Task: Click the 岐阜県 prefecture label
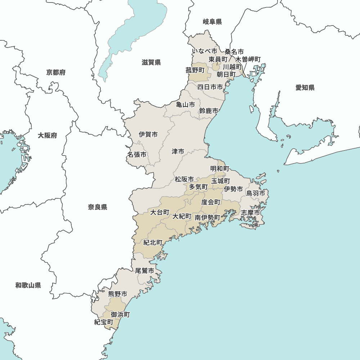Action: click(x=212, y=22)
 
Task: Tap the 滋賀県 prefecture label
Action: click(x=151, y=63)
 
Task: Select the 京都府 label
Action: click(x=56, y=73)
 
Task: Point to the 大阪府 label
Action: click(x=48, y=136)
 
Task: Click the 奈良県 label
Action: click(x=98, y=207)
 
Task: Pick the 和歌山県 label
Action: click(x=28, y=285)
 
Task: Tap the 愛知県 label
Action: click(x=305, y=87)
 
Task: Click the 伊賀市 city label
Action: click(x=148, y=135)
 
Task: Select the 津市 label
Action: click(x=178, y=152)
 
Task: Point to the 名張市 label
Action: click(x=137, y=155)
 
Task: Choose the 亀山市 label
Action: click(x=185, y=105)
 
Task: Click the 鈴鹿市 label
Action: click(x=208, y=111)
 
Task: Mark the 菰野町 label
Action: click(x=195, y=70)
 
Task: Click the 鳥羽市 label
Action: click(x=256, y=193)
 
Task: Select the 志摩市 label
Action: click(x=250, y=213)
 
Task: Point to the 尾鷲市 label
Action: click(x=145, y=271)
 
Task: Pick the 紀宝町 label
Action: click(x=104, y=322)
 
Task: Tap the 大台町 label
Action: click(x=160, y=212)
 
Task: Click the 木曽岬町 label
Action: click(x=248, y=59)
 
